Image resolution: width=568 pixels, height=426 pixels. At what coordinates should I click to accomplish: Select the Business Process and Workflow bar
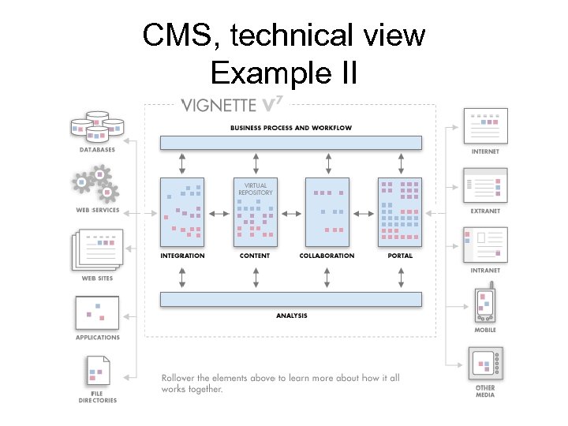point(290,143)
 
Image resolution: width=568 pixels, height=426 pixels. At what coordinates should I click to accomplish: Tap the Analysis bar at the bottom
point(290,300)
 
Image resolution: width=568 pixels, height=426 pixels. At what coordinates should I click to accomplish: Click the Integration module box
point(182,211)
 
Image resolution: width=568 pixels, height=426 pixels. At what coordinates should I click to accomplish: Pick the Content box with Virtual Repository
point(255,211)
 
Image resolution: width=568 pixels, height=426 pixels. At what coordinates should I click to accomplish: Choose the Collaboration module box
point(327,211)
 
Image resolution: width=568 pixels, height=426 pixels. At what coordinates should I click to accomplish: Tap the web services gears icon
point(96,185)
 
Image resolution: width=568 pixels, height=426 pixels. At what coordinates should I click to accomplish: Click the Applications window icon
point(97,312)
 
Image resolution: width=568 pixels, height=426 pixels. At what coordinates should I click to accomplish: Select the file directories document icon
point(97,372)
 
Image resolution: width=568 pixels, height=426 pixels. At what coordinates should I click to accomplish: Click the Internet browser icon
point(485,125)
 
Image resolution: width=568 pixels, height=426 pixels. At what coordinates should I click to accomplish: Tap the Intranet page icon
point(485,245)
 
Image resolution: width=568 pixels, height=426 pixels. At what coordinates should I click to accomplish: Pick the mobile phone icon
point(484,305)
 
